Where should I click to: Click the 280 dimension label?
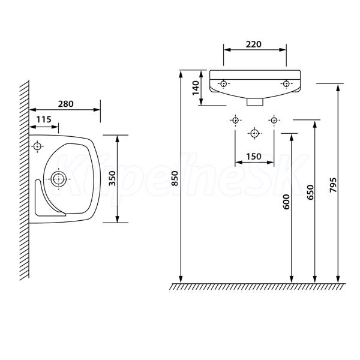[65, 104]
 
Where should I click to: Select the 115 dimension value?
[44, 119]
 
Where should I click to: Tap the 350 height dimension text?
[112, 179]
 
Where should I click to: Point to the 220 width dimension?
[254, 44]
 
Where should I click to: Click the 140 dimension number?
[196, 88]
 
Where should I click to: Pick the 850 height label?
[175, 178]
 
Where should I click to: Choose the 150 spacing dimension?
[254, 157]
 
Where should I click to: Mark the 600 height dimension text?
[286, 202]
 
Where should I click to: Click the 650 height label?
[310, 192]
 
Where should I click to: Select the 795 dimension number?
[332, 185]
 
